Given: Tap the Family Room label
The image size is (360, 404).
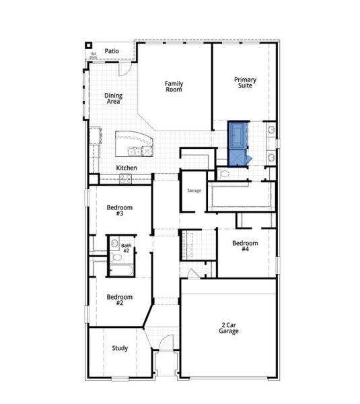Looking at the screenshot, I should click(x=174, y=87).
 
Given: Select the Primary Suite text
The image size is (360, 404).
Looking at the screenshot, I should click(x=245, y=83).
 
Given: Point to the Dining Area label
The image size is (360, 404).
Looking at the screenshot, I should click(x=113, y=99).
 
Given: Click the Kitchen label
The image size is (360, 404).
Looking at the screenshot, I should click(x=127, y=168).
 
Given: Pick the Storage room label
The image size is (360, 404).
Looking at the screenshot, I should click(x=194, y=191).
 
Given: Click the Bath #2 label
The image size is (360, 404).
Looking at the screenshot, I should click(x=125, y=248).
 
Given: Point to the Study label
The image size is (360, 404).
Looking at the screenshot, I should click(x=120, y=348).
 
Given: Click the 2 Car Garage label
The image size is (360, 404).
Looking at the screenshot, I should click(x=229, y=328).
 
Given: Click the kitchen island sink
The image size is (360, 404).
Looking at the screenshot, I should click(x=135, y=151).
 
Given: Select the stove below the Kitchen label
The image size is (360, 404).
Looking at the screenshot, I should click(x=125, y=178).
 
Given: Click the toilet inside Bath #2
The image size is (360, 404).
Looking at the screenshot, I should click(x=117, y=258).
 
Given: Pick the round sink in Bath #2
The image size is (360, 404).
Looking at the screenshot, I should click(x=114, y=244).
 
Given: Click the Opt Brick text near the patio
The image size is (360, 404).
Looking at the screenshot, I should click(x=94, y=55).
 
